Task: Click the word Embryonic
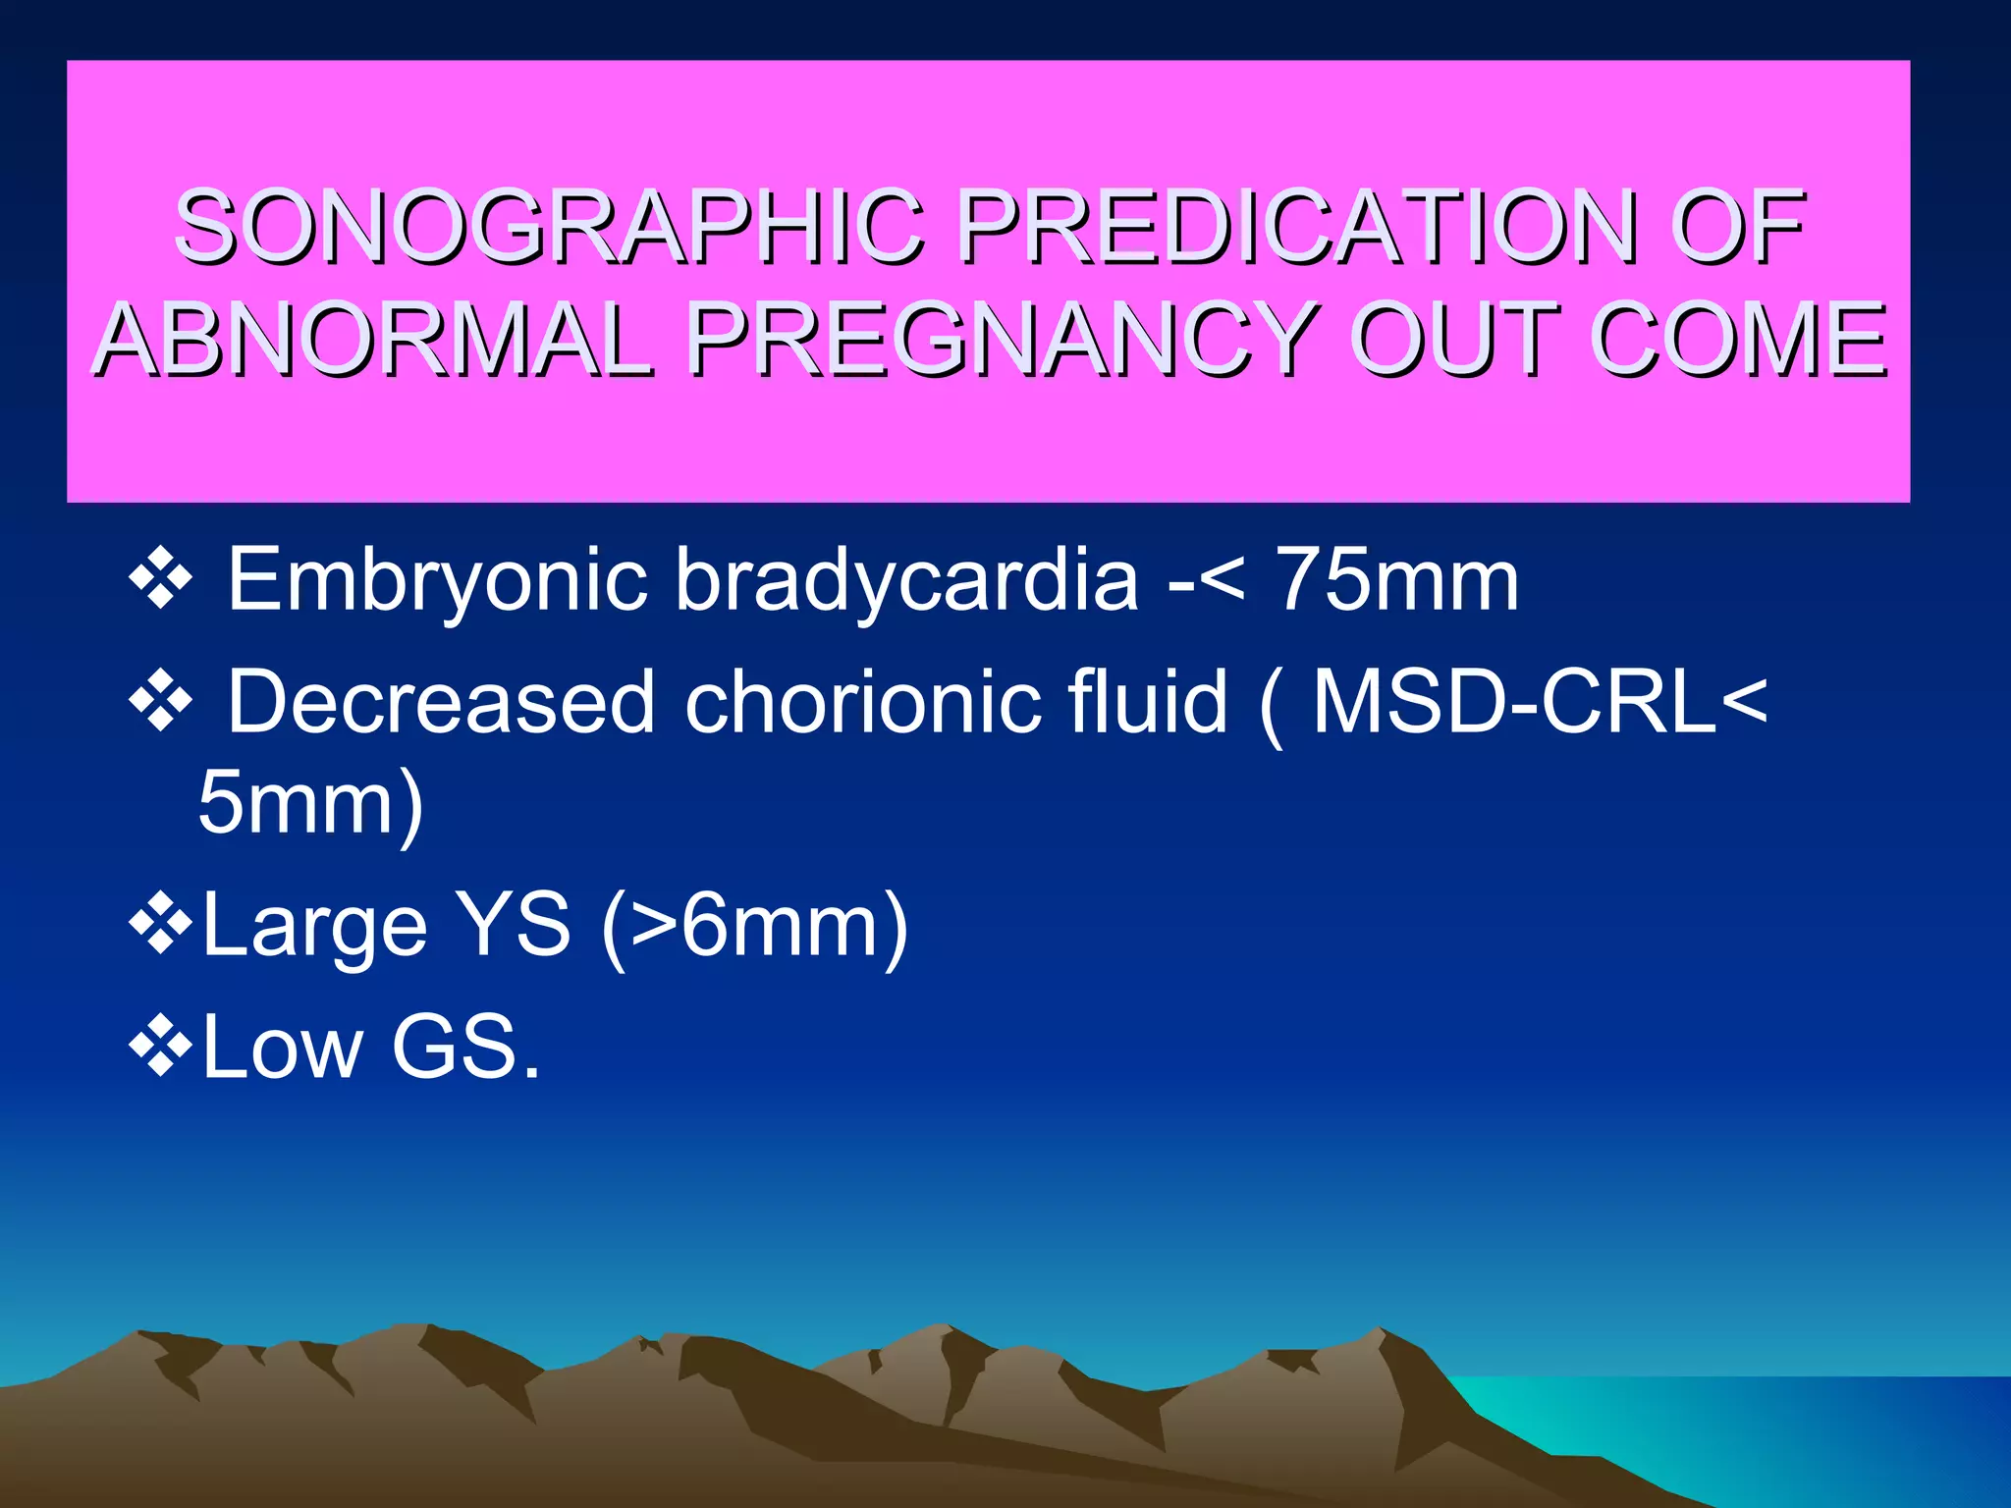tap(437, 581)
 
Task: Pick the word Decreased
tap(441, 701)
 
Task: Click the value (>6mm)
tap(754, 927)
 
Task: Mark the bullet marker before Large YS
tap(160, 925)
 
